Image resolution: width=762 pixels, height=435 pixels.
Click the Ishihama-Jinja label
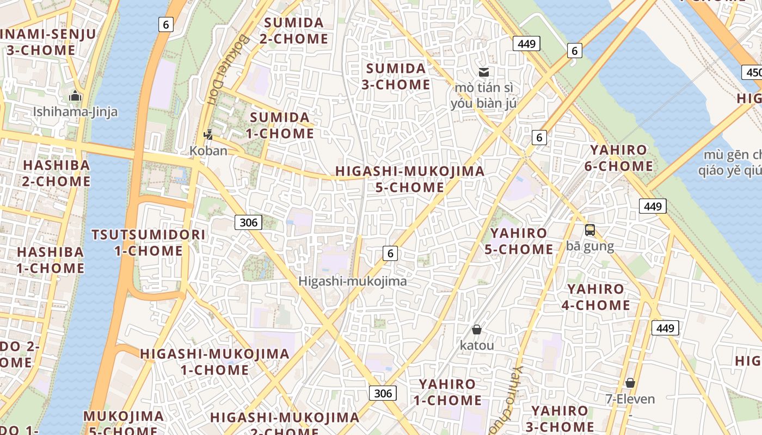[x=75, y=112]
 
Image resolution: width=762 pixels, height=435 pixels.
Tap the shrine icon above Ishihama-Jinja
[x=75, y=97]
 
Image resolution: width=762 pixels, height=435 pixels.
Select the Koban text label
[x=208, y=151]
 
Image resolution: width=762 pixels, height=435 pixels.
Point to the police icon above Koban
[x=208, y=134]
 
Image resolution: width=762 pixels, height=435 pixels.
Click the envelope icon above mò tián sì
[x=483, y=72]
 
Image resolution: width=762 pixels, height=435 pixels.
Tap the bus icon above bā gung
[x=590, y=230]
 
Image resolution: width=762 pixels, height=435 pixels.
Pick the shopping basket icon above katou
[x=477, y=330]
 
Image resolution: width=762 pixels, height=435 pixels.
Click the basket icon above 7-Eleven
[x=630, y=383]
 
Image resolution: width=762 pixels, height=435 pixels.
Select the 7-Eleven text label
[x=630, y=399]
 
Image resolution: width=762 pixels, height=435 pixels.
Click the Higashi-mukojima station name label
[x=353, y=281]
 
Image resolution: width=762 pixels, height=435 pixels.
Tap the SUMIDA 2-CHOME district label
[x=294, y=31]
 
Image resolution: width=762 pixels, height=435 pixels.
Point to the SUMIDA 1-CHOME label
[x=280, y=126]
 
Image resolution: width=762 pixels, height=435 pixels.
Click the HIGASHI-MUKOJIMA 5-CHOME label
[x=410, y=179]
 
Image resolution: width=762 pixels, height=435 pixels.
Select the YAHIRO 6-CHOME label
[x=619, y=158]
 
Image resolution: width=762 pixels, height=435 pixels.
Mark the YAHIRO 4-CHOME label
[x=596, y=297]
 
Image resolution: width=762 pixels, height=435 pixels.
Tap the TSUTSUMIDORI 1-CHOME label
[x=149, y=243]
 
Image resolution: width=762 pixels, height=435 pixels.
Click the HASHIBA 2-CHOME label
[x=56, y=173]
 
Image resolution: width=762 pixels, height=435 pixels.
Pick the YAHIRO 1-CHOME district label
[x=447, y=392]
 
